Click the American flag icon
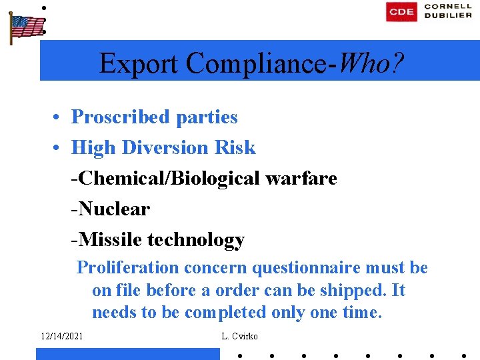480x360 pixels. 26,27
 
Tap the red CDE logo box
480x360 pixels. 401,11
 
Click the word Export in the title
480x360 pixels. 139,63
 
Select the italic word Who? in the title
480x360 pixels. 371,63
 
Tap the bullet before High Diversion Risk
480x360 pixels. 59,147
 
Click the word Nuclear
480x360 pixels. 113,209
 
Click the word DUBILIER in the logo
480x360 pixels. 449,16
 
